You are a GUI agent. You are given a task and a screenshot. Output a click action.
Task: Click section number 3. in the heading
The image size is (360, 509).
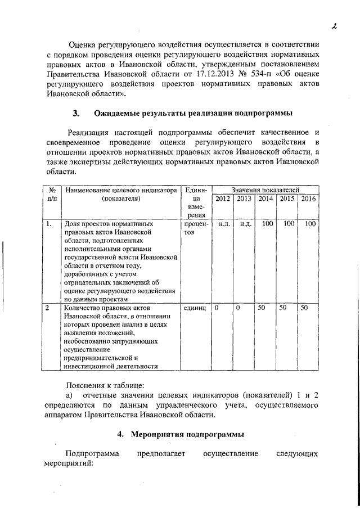[x=76, y=114]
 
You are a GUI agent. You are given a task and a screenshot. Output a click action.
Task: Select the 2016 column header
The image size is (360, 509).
[x=309, y=199]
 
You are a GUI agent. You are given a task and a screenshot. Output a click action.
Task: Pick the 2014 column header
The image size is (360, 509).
[x=265, y=199]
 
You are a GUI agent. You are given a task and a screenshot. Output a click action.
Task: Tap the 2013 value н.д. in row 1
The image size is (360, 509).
[x=244, y=224]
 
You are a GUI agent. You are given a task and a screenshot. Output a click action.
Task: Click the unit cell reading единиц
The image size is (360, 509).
[x=195, y=308]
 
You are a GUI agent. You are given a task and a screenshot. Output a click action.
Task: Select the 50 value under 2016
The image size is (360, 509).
[x=304, y=308]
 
